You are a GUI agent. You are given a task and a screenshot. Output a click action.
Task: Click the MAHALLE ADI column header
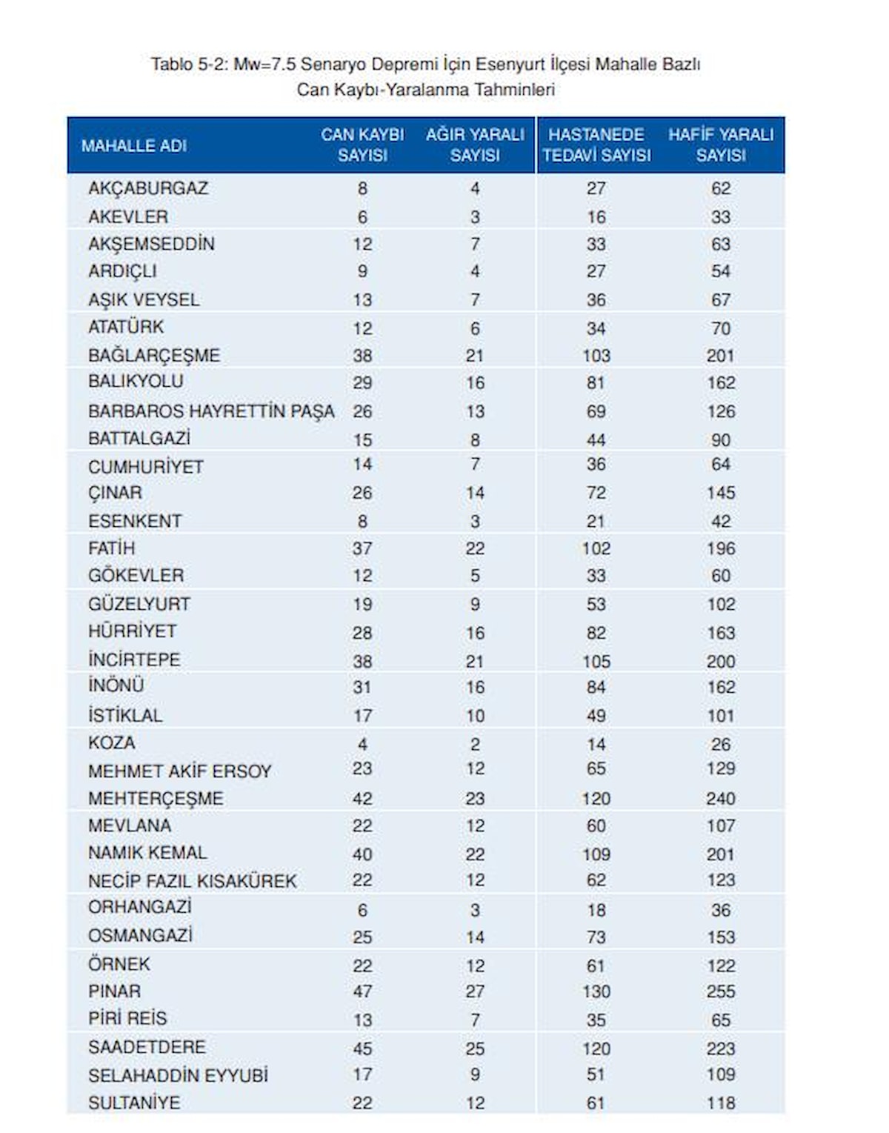tap(134, 146)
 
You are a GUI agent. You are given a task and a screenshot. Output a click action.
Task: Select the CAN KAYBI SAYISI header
tap(362, 145)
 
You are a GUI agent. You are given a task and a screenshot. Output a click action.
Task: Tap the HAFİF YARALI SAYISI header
tap(720, 145)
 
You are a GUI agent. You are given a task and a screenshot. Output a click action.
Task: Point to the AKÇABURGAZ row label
tap(148, 188)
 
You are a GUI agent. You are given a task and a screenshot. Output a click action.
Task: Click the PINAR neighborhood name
tap(114, 991)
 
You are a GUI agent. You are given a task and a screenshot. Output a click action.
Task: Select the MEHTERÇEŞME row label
tap(156, 799)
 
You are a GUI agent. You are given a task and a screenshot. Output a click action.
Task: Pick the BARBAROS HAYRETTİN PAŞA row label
tap(211, 411)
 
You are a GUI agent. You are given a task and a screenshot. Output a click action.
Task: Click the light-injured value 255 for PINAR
tap(721, 991)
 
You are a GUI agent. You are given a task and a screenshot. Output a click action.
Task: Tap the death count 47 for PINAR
tap(362, 991)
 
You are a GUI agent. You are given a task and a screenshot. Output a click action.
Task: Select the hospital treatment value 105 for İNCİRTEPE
tap(596, 661)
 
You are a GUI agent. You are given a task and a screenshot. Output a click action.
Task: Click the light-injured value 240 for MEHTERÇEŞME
tap(721, 799)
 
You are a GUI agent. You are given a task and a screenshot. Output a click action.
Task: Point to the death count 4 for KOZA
tap(362, 744)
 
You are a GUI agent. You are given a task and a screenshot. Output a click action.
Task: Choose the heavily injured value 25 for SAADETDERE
tap(475, 1049)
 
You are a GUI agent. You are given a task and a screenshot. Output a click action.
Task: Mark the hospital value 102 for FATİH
tap(596, 548)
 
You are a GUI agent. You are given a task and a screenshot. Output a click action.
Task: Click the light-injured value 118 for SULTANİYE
tap(721, 1103)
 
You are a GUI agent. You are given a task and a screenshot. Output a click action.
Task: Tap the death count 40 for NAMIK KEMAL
tap(362, 854)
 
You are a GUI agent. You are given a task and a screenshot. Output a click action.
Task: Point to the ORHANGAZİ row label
tap(140, 908)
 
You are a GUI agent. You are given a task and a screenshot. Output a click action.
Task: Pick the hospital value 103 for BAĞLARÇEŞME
tap(596, 356)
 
